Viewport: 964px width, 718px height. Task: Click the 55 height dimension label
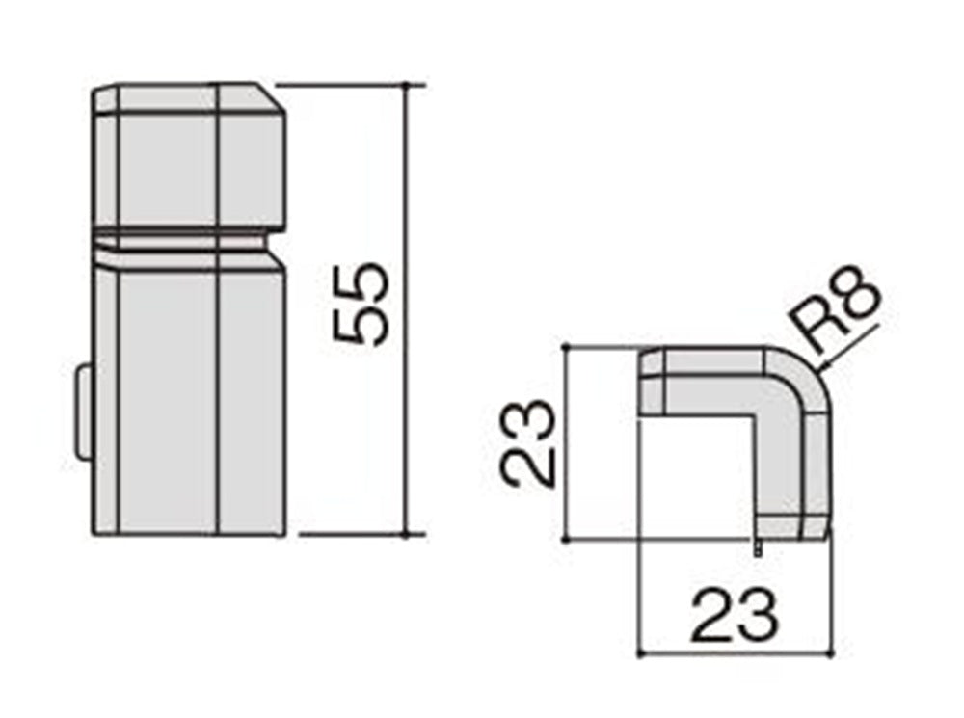click(x=361, y=304)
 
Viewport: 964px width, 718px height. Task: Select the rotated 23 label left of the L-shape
click(x=527, y=444)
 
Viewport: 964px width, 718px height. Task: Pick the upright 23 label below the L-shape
click(x=736, y=614)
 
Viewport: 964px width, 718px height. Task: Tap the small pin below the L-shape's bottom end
click(x=759, y=545)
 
